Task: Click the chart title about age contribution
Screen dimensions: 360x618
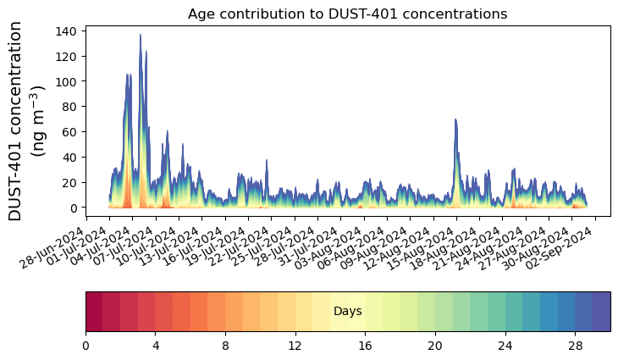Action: click(347, 14)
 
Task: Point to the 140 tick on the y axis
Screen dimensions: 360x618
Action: click(67, 30)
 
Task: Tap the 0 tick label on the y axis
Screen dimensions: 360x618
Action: click(74, 208)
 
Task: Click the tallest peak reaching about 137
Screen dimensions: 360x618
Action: click(141, 36)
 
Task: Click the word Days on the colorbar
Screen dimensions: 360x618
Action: click(348, 312)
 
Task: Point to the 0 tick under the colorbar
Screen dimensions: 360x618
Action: click(86, 346)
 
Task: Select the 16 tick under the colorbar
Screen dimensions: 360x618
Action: click(366, 346)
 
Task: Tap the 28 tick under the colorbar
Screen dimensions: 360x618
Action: click(576, 346)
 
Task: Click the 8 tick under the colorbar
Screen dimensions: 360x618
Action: click(225, 346)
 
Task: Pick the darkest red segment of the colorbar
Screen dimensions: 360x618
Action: click(94, 311)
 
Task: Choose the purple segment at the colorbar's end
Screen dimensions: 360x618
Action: click(602, 311)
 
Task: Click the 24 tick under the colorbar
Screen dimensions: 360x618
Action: click(505, 346)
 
